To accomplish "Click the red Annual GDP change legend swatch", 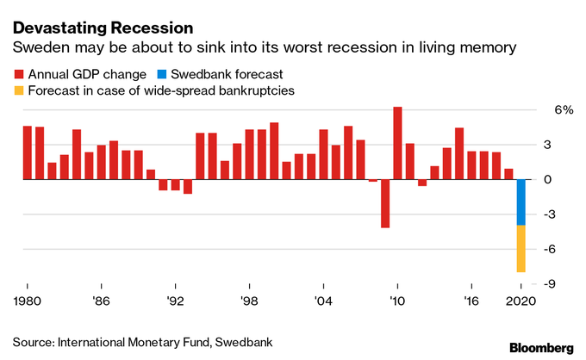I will click(x=18, y=74).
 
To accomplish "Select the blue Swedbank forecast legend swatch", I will click(x=164, y=74).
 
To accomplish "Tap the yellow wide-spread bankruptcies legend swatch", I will click(x=18, y=90).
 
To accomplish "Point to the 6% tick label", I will click(x=562, y=110).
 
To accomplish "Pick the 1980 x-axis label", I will click(x=28, y=302).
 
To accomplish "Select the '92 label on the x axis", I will click(x=176, y=302).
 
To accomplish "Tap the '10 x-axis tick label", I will click(x=397, y=302).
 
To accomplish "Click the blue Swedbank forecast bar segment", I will click(x=521, y=202).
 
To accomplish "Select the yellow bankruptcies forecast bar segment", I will click(x=521, y=249).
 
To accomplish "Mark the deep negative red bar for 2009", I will click(x=385, y=204).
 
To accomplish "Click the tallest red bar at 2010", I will click(x=397, y=143).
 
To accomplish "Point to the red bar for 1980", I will click(x=28, y=153).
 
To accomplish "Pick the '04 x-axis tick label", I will click(x=323, y=302).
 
